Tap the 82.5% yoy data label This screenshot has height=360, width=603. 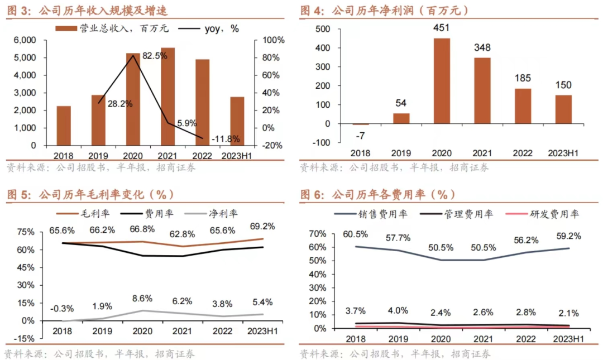[155, 56]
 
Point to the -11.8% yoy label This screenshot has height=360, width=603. [226, 138]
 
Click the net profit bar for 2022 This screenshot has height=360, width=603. [523, 106]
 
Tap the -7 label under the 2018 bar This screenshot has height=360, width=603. [361, 136]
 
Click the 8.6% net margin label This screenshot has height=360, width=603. [142, 299]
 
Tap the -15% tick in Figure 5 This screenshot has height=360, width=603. [25, 339]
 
